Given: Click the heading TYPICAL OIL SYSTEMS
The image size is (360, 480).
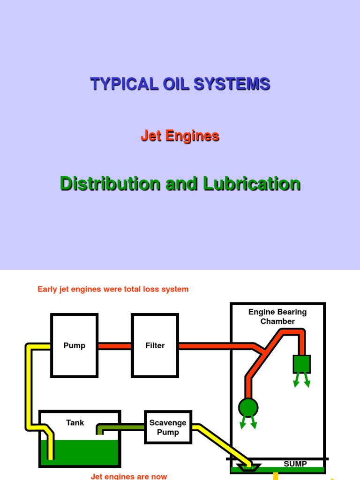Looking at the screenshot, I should [x=180, y=84].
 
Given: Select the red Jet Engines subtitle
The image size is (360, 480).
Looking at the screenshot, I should [x=180, y=136].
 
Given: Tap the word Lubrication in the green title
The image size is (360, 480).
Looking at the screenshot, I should [x=252, y=184].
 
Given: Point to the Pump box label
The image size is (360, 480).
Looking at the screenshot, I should [x=74, y=345].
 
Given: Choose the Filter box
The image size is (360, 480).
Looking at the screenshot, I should [x=155, y=345].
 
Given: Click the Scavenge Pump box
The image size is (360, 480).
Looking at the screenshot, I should [x=168, y=427].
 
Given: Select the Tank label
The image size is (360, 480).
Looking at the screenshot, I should [x=75, y=423].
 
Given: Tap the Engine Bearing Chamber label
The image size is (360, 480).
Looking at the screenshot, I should [x=277, y=316].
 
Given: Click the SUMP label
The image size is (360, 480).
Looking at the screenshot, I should [x=295, y=464].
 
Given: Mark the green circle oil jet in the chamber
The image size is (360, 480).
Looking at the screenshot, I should [x=248, y=408].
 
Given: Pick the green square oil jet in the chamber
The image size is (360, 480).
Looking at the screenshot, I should [x=301, y=364].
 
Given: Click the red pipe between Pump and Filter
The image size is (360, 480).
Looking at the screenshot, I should [x=114, y=346].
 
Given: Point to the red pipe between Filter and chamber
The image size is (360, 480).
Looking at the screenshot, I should [x=211, y=346].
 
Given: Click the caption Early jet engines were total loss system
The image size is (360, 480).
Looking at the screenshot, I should [x=113, y=289].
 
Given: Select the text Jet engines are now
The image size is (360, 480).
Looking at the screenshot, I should [x=129, y=476].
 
